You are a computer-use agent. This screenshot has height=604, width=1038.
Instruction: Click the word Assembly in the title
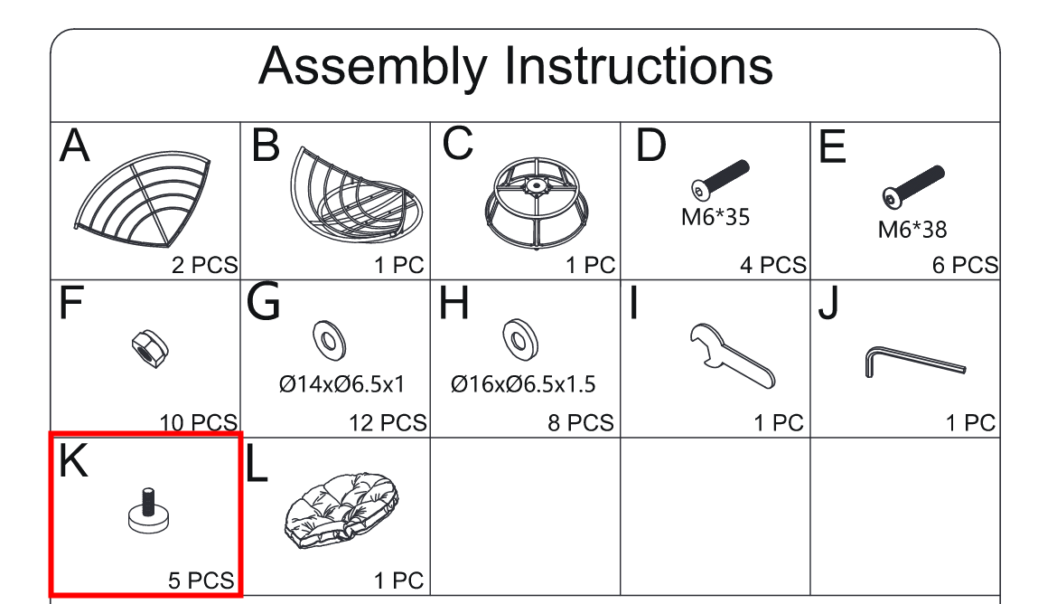pyautogui.click(x=373, y=68)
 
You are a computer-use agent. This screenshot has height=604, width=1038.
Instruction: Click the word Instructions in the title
pyautogui.click(x=639, y=65)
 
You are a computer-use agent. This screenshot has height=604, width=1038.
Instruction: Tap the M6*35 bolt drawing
pyautogui.click(x=720, y=179)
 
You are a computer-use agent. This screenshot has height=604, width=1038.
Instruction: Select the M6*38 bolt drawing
pyautogui.click(x=913, y=186)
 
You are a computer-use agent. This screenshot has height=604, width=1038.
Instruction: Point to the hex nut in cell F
pyautogui.click(x=150, y=349)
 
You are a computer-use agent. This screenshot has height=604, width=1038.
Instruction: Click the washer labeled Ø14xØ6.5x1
pyautogui.click(x=329, y=340)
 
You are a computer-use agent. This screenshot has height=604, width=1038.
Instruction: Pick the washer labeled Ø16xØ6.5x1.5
pyautogui.click(x=520, y=340)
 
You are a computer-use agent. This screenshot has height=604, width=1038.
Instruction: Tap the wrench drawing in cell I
pyautogui.click(x=731, y=355)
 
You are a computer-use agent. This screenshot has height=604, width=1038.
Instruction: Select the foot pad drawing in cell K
pyautogui.click(x=148, y=511)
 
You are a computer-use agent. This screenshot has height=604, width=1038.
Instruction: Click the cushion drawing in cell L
pyautogui.click(x=342, y=510)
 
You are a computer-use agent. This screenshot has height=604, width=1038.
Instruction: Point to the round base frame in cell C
pyautogui.click(x=537, y=203)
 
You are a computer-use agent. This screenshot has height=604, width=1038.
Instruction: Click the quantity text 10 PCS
pyautogui.click(x=198, y=422)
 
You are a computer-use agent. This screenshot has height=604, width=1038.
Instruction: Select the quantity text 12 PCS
pyautogui.click(x=388, y=422)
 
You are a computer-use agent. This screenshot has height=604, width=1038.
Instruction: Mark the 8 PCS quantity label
pyautogui.click(x=581, y=422)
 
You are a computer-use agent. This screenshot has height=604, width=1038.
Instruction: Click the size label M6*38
pyautogui.click(x=912, y=230)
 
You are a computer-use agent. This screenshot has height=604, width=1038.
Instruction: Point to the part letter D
pyautogui.click(x=650, y=145)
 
